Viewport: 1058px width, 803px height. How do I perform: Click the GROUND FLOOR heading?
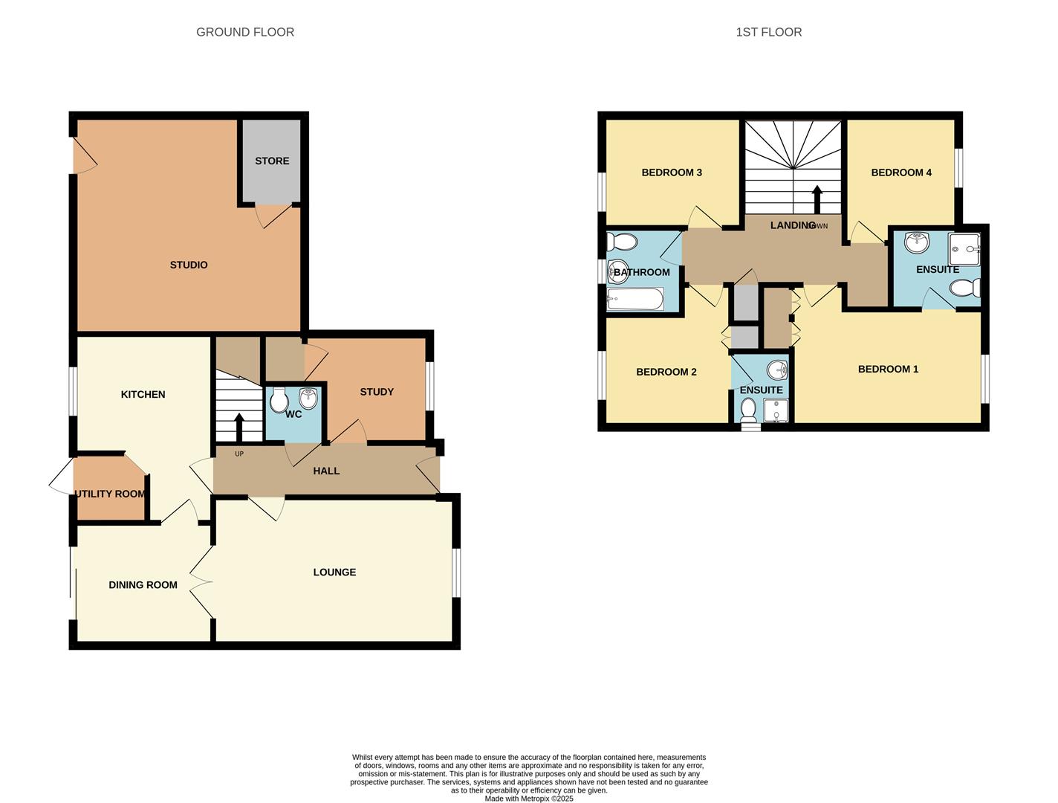[x=245, y=32]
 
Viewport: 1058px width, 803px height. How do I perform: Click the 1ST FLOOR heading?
[x=768, y=32]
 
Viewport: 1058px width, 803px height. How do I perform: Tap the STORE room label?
[x=272, y=161]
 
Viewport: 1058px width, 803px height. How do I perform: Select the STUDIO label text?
[x=189, y=265]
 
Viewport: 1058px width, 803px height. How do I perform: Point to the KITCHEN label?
[x=143, y=394]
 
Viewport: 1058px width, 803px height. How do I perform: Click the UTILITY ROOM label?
[x=110, y=494]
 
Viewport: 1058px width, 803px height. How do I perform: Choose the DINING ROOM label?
[x=143, y=585]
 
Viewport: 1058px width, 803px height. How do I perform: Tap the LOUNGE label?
[x=334, y=572]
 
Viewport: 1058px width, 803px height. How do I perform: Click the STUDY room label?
[x=377, y=392]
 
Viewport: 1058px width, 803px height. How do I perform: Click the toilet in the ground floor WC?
[x=279, y=401]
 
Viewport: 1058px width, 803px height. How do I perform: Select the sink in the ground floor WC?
[x=308, y=398]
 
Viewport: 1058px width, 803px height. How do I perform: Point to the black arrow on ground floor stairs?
[x=239, y=427]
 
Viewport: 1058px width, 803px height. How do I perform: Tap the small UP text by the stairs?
[x=239, y=454]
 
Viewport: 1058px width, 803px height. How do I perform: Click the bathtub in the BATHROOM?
[x=635, y=300]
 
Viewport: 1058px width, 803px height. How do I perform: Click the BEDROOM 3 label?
[x=672, y=172]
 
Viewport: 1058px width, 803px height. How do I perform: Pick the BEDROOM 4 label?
[x=901, y=172]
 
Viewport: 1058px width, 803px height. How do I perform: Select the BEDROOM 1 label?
[x=888, y=369]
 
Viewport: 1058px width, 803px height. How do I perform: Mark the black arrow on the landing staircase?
[x=817, y=199]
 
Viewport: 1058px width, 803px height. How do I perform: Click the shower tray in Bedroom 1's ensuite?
[x=964, y=244]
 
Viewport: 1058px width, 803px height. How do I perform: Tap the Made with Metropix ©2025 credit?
[x=529, y=799]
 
